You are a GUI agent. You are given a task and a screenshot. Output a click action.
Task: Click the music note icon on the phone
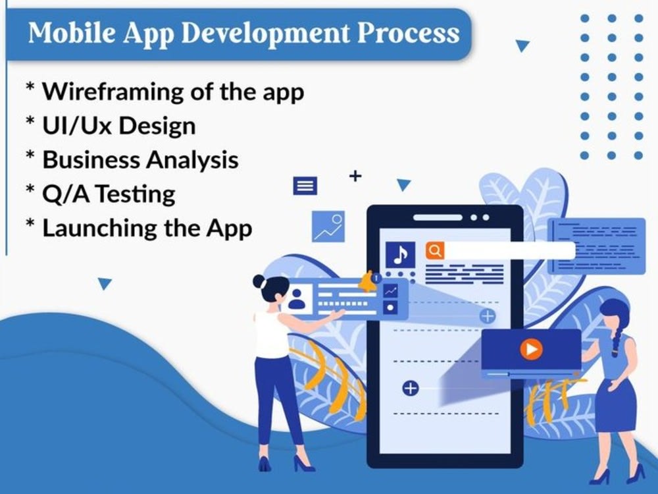click(400, 254)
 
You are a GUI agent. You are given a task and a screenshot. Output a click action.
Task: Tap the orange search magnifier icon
click(435, 250)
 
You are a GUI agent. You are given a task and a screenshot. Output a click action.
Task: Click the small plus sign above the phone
click(355, 176)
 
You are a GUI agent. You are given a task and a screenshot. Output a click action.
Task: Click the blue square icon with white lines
click(305, 186)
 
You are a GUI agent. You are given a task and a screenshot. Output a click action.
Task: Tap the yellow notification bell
click(367, 282)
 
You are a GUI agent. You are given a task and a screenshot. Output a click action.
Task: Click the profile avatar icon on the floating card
click(297, 298)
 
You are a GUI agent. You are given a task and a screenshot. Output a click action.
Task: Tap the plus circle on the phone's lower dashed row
click(410, 388)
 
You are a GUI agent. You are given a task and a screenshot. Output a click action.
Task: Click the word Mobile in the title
click(64, 32)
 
